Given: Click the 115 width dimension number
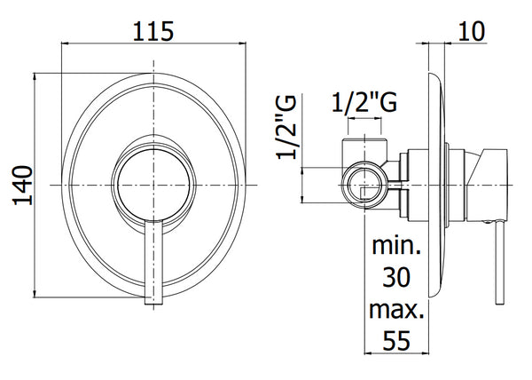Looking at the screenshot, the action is [153, 32].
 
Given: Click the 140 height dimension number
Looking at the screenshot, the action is [23, 186].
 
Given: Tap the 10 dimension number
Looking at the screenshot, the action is [472, 31].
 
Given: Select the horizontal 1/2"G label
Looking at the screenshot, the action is [364, 103].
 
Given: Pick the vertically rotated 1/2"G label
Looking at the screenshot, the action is [287, 127].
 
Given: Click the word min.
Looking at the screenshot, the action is [396, 246].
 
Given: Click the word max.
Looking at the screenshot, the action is [396, 310].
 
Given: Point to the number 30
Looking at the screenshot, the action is [396, 277].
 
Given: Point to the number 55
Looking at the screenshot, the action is [396, 340].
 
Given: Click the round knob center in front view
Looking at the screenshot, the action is [153, 185].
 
